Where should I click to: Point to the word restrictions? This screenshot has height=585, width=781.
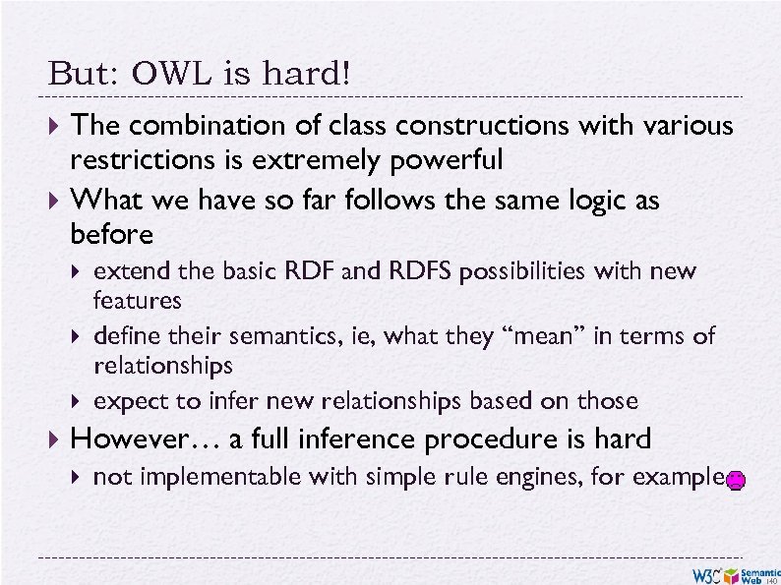click(x=133, y=159)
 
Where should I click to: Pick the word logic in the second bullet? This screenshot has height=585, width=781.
click(x=579, y=202)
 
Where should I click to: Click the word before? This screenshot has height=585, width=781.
click(x=111, y=234)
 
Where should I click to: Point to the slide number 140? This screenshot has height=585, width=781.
click(x=770, y=579)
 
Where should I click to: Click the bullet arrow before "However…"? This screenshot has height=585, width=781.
click(x=55, y=439)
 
